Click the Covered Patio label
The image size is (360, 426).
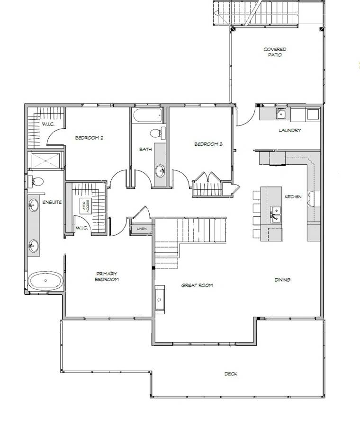[275, 52]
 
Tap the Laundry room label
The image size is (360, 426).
[290, 130]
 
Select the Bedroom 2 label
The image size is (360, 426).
[89, 138]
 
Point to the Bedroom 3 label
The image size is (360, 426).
[208, 144]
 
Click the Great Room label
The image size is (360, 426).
[197, 285]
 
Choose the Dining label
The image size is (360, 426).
[282, 280]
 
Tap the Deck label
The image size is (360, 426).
[231, 374]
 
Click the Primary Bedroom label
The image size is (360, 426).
[107, 276]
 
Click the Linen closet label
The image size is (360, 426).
[142, 229]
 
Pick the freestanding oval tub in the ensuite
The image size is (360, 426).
[45, 280]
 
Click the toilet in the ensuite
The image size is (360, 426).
[36, 181]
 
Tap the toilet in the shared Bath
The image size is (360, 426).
[157, 133]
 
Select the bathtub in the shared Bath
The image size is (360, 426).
[147, 116]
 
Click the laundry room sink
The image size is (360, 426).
[280, 114]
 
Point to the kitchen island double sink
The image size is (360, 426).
[276, 214]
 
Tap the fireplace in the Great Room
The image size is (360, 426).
[160, 300]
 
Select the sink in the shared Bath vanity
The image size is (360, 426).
[160, 171]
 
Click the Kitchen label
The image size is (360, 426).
[293, 196]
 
